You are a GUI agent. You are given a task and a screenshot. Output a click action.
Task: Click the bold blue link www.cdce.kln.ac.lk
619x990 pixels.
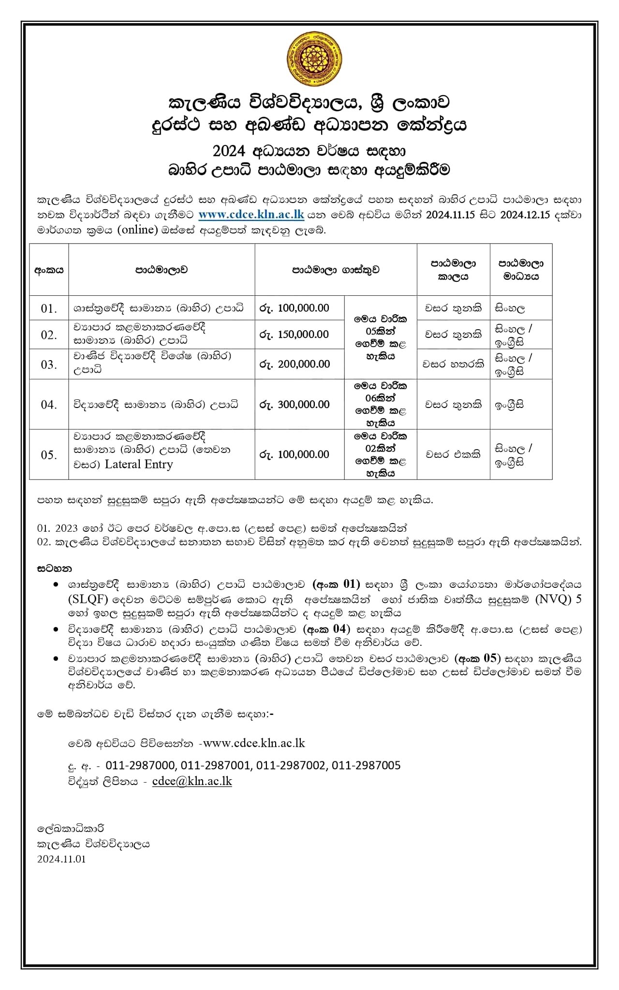[x=251, y=214]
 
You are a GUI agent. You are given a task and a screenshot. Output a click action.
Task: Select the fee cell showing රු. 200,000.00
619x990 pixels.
[x=295, y=364]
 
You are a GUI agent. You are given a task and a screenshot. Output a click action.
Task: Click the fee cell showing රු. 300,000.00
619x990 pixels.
[x=295, y=404]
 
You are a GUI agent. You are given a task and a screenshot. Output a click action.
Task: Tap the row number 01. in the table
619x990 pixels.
[x=49, y=308]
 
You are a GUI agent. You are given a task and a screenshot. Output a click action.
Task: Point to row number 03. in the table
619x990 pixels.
[x=49, y=364]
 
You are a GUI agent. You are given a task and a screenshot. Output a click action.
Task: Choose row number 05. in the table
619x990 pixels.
[x=49, y=454]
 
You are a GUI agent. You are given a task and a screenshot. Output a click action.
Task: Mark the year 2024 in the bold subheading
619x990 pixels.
[x=230, y=151]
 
